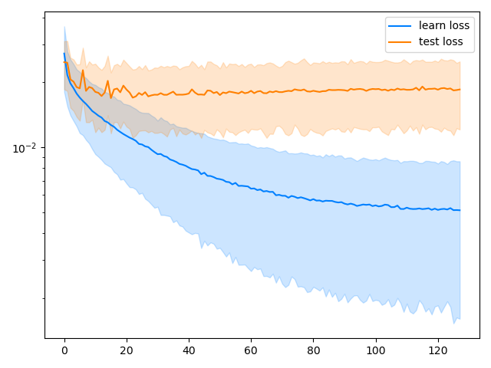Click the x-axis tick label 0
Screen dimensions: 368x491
tap(64, 351)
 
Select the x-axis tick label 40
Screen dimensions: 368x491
tap(189, 351)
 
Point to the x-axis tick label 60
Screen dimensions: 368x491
tap(251, 351)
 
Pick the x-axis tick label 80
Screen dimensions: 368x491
tap(313, 351)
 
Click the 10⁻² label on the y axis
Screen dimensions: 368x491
tap(24, 147)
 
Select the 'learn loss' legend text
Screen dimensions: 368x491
tap(444, 25)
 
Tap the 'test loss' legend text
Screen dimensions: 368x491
tap(441, 41)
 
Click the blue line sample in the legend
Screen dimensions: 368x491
tap(400, 26)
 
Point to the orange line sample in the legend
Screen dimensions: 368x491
tap(400, 41)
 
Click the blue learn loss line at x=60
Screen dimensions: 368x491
tap(251, 186)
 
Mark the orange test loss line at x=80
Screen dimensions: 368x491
tap(313, 90)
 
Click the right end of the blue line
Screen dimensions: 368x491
tap(460, 210)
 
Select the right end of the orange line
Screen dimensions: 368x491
tap(460, 89)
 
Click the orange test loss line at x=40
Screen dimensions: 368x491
tap(189, 90)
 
